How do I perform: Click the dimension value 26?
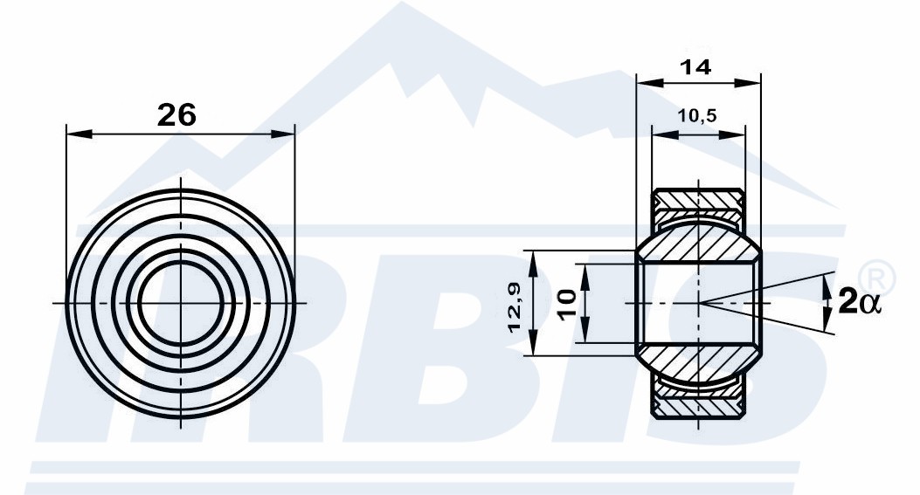coord(176,114)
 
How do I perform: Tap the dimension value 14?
coord(695,67)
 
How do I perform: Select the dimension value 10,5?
coord(697,115)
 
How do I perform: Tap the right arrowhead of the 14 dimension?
coord(747,83)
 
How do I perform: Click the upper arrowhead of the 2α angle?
coord(827,285)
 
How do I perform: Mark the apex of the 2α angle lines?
coord(699,303)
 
